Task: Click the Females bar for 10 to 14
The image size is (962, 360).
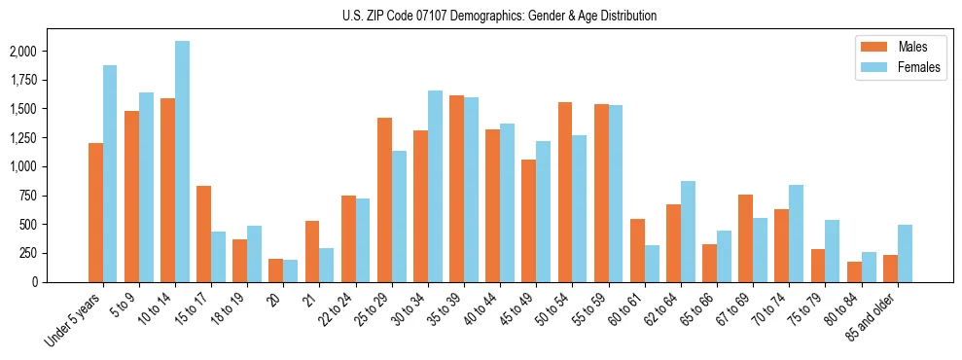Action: click(x=182, y=162)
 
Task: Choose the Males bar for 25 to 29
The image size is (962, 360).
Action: click(x=384, y=199)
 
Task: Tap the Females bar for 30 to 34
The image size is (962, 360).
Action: click(x=435, y=186)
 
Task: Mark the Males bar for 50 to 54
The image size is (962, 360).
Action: click(x=564, y=192)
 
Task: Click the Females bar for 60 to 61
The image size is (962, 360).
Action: click(x=651, y=263)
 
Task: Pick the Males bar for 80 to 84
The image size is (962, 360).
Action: click(x=853, y=271)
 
